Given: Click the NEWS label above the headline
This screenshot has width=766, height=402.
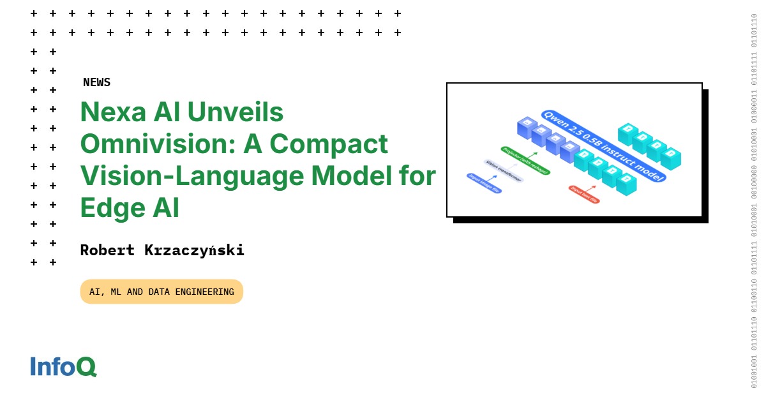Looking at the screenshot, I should (x=96, y=82).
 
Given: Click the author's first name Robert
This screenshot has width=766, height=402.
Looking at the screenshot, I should (x=107, y=250).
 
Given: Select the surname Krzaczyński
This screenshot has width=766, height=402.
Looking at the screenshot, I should (x=192, y=250).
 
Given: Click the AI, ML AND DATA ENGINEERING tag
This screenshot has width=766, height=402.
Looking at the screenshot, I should (x=161, y=292).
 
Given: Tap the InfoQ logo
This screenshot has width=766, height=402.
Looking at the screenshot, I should (x=63, y=366).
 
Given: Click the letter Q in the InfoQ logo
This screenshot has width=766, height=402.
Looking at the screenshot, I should (x=87, y=366).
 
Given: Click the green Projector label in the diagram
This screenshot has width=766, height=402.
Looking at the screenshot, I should (x=525, y=161).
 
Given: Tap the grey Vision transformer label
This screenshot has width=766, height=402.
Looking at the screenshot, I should (x=504, y=171).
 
